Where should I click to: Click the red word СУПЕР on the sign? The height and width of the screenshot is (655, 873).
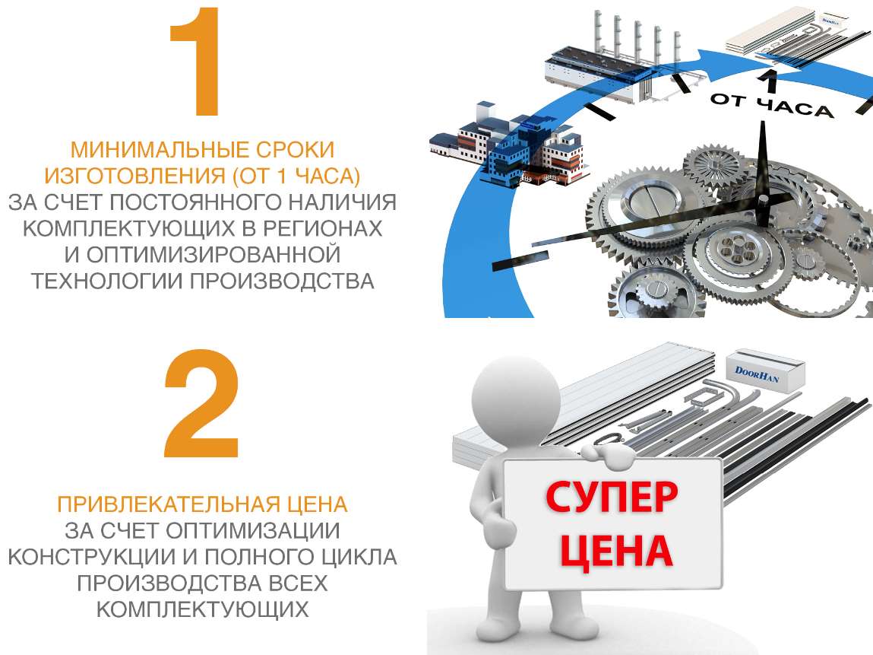(x=612, y=499)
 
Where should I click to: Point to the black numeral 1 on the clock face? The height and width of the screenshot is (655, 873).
(x=768, y=79)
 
